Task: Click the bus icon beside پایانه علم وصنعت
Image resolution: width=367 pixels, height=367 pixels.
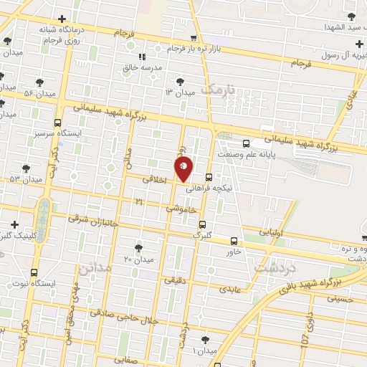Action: (246, 143)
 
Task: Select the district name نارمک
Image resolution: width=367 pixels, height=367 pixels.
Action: (218, 90)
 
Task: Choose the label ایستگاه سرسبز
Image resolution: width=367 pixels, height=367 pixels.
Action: (58, 133)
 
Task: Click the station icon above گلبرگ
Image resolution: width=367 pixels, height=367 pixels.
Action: (202, 224)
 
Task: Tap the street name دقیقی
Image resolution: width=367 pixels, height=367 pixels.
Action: (175, 281)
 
